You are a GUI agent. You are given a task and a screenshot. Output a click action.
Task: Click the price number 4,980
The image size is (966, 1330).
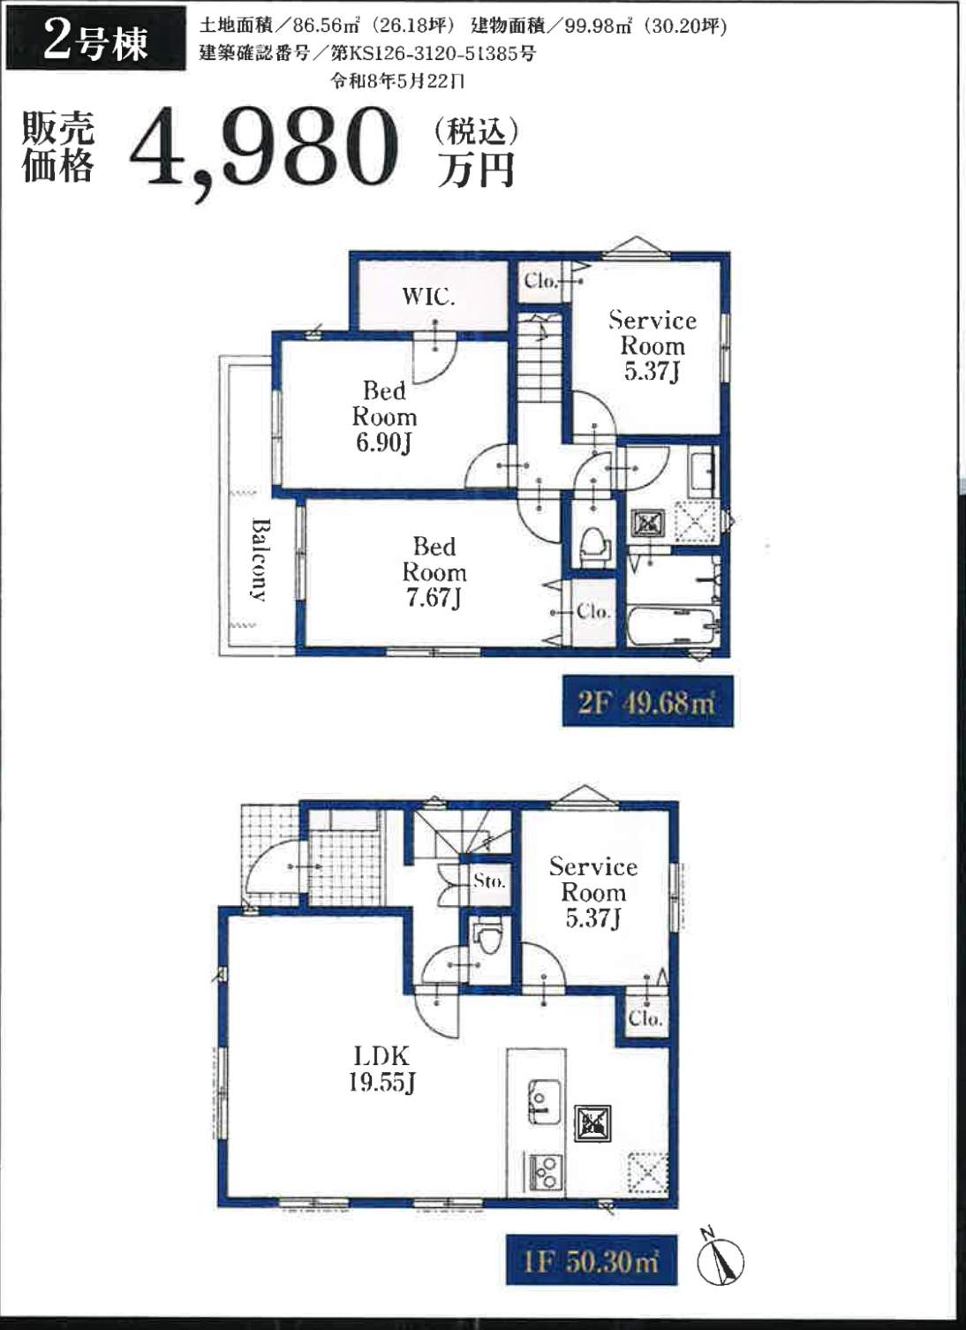[x=264, y=152]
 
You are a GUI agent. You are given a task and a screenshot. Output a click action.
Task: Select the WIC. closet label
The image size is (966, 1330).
[x=428, y=296]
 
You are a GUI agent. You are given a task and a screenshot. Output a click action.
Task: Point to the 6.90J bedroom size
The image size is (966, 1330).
[x=383, y=443]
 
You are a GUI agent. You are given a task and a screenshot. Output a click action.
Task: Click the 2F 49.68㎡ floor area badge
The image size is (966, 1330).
[x=648, y=701]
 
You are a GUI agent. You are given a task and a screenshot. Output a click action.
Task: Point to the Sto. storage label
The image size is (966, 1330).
[x=489, y=881]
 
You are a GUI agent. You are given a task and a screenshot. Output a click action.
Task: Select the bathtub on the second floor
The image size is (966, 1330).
[x=674, y=626]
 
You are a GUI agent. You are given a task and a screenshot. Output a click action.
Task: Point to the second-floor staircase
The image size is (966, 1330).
[x=540, y=358]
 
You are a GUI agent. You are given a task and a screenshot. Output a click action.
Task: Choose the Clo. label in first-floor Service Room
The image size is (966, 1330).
[x=645, y=1018]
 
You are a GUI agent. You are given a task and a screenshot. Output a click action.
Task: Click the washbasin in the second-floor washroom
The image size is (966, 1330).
[x=703, y=469]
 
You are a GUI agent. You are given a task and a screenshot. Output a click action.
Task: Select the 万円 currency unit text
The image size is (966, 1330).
[x=476, y=170]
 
